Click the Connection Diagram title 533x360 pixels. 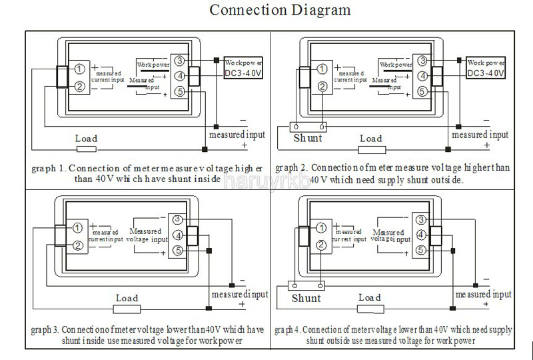point(280,11)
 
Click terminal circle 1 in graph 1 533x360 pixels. point(79,69)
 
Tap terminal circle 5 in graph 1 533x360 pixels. point(180,91)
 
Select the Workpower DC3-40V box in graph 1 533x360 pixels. point(244,67)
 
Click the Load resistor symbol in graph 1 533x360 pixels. point(87,148)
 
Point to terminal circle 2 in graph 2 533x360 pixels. point(322,86)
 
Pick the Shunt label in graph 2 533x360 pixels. point(308,139)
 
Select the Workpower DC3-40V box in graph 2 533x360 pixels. point(487,67)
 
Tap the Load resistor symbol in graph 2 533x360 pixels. point(370,148)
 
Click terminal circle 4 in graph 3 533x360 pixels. point(178,235)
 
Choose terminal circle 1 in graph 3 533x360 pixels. point(77,229)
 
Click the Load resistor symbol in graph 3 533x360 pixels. point(127,308)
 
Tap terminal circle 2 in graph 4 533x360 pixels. point(322,245)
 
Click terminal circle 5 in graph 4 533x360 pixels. point(421,251)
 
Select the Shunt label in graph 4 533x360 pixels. point(306,298)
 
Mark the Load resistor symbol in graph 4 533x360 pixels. point(370,308)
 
